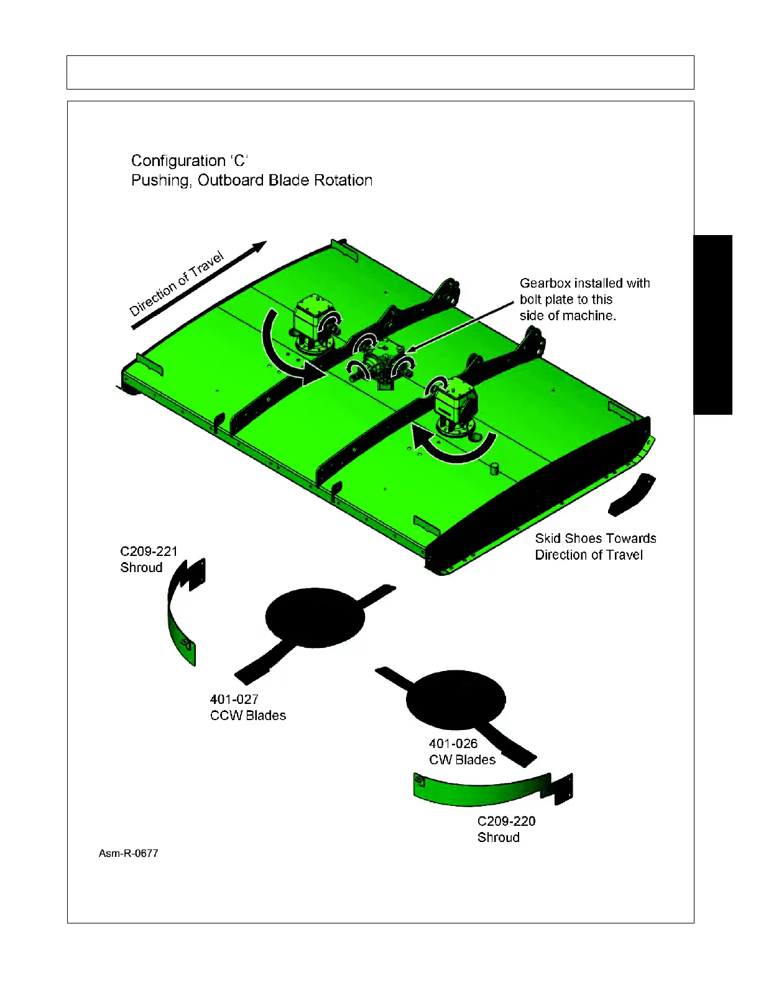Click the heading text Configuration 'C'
coord(190,161)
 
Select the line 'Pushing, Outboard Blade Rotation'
coord(252,180)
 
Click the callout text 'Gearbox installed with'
coord(584,284)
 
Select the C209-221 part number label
coord(149,552)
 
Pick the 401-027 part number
coord(234,700)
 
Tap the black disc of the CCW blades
coord(315,617)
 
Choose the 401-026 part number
coord(453,744)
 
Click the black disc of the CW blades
coord(456,699)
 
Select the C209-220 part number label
coord(506,821)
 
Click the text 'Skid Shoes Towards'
coord(596,539)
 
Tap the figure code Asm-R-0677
coord(129,854)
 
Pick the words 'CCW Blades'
coord(248,716)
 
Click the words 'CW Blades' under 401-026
coord(462,760)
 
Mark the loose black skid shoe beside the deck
coord(633,495)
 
